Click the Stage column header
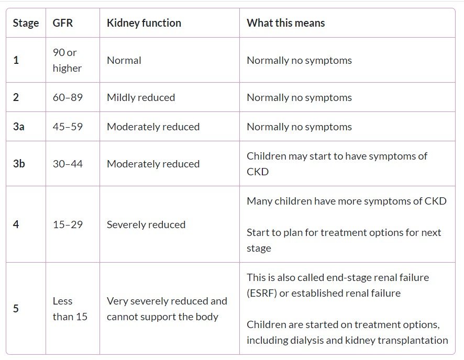[26, 23]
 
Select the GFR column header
[63, 23]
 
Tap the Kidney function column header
[143, 23]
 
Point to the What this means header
[285, 23]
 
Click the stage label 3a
[18, 127]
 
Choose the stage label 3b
[19, 164]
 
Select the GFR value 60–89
[68, 97]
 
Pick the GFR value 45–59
[68, 127]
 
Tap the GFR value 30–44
[68, 164]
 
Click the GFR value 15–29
[68, 224]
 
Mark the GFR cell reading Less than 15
[70, 309]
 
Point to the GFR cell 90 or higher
[67, 60]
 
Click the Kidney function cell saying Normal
[124, 60]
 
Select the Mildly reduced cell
[140, 97]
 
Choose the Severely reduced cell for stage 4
[146, 224]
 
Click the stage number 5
[16, 309]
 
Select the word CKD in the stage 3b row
[258, 172]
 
